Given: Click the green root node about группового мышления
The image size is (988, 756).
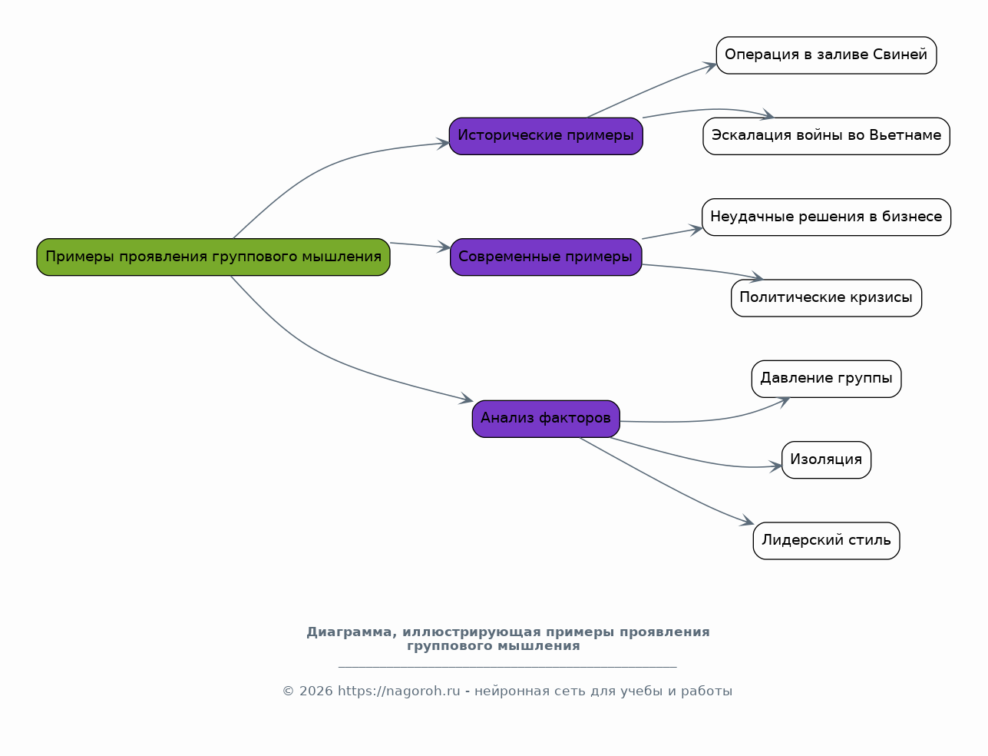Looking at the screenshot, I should pos(213,257).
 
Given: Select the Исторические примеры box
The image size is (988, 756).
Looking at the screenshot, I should pos(546,136).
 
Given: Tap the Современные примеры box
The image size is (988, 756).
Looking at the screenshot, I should pos(546,257).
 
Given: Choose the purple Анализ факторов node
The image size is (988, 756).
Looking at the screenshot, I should pos(546,419).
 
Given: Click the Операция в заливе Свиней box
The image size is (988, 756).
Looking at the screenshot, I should pos(826,55).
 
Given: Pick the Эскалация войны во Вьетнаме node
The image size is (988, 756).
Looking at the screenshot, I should pos(826,136).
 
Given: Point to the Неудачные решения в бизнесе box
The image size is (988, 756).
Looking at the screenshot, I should pos(826,217).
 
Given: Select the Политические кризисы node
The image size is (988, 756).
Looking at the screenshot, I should pos(826,298).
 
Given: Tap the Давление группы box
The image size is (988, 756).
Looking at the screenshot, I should pos(826,379).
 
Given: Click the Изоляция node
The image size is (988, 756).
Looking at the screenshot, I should pos(826,459).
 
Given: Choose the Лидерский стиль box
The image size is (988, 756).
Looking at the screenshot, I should pos(826,541).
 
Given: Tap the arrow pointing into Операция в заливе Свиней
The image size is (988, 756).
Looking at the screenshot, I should pos(653,90).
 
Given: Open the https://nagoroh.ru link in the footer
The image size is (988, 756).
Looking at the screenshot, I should pos(399,691).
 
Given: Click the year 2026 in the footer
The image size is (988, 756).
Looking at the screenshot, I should pos(316,691).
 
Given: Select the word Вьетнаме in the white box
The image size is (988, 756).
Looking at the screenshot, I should pos(905,136).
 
